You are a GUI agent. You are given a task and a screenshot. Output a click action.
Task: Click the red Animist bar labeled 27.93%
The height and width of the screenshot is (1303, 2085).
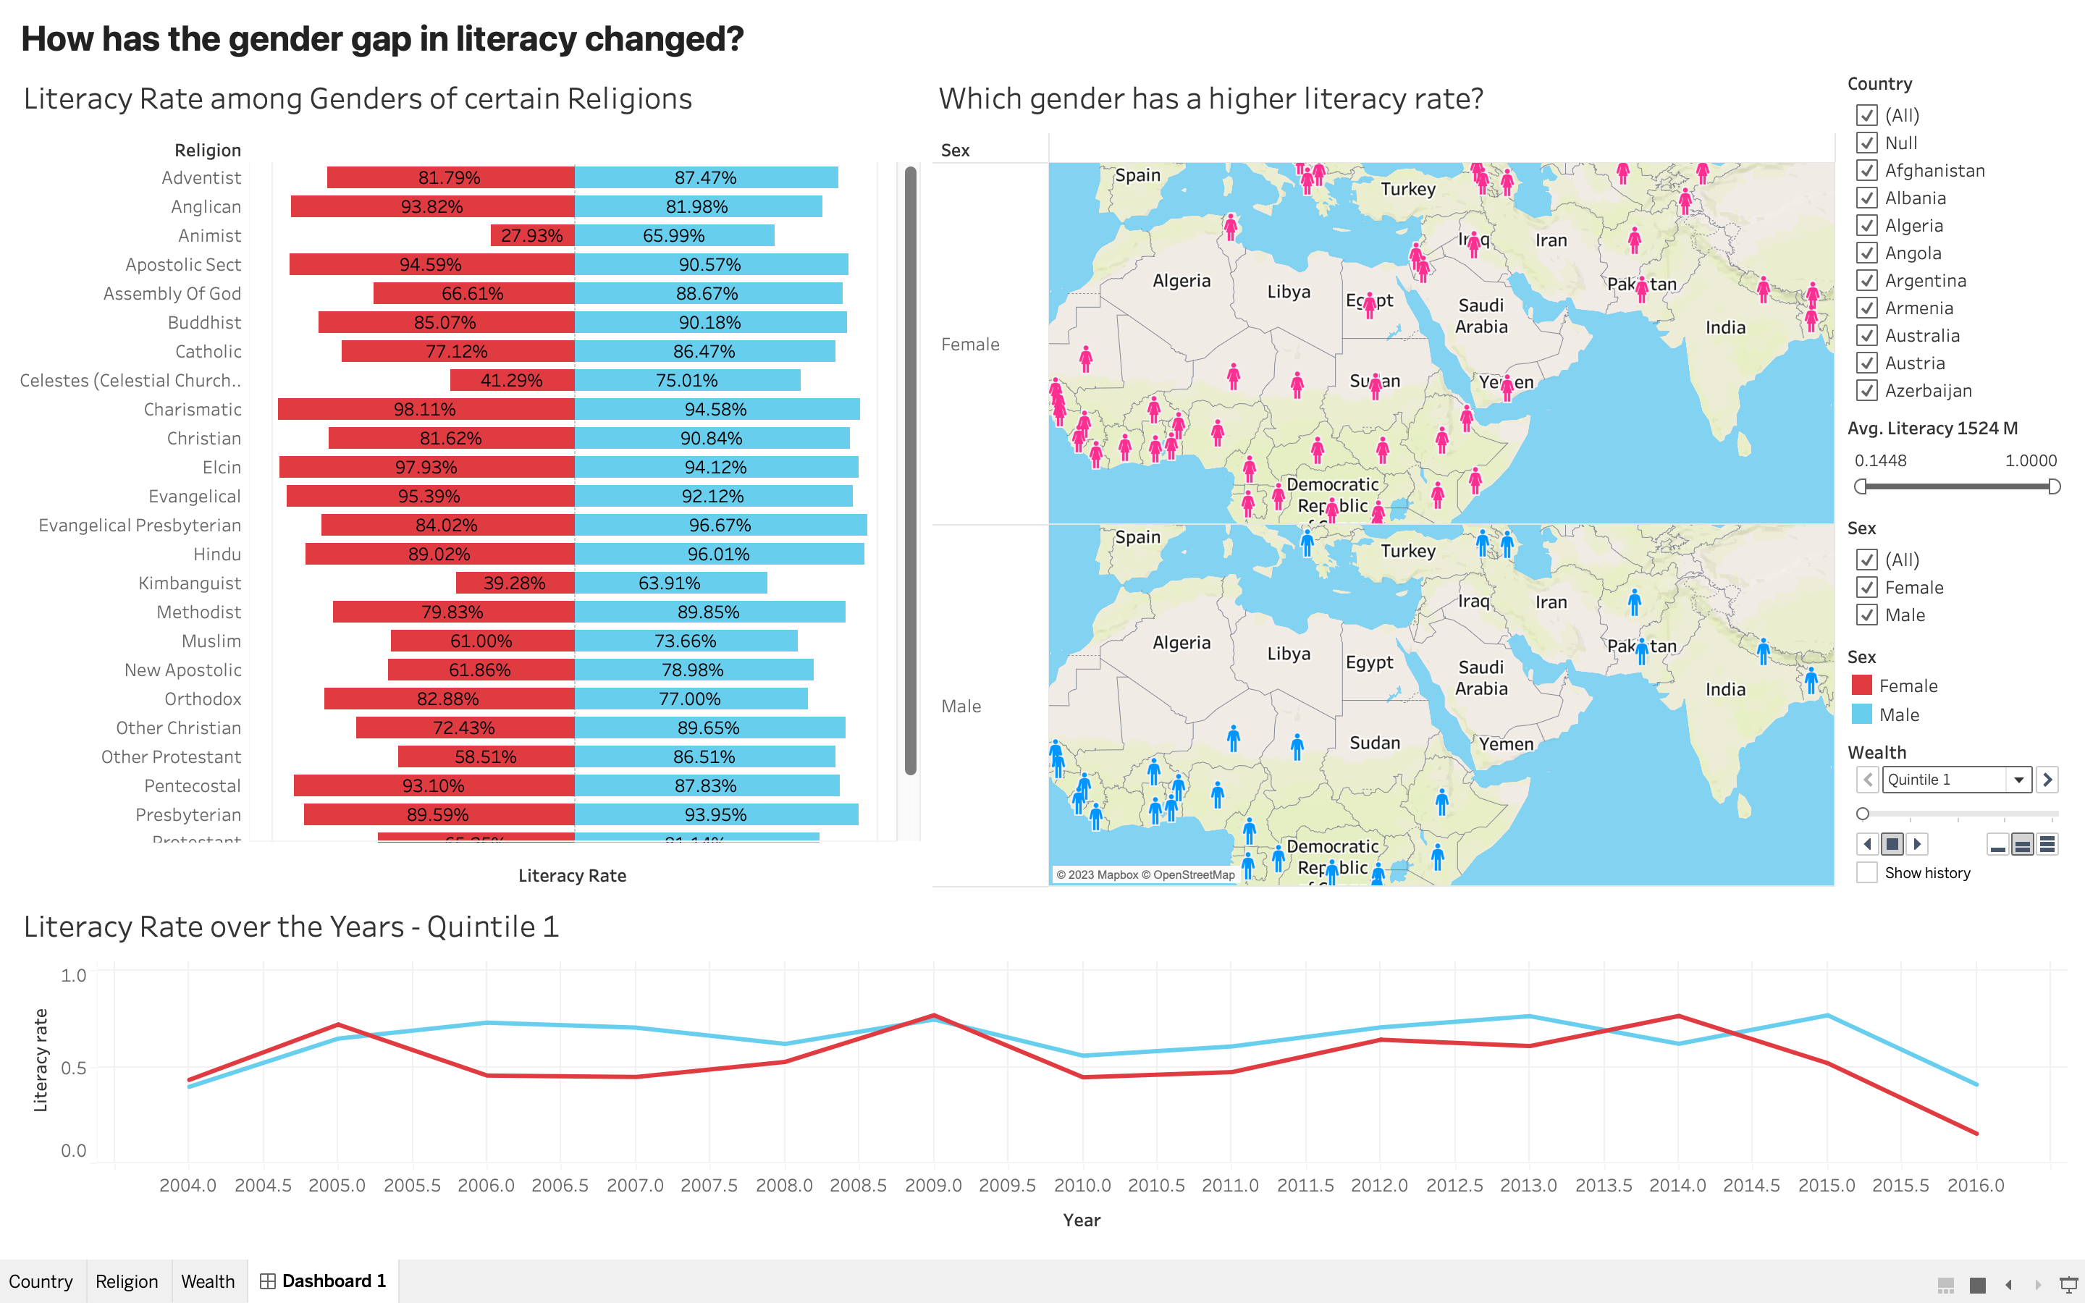(x=531, y=235)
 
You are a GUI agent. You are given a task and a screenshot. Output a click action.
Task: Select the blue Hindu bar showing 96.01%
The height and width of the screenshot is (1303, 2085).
(x=719, y=554)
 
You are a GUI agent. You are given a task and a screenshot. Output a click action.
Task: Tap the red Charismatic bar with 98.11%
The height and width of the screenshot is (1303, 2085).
(x=426, y=409)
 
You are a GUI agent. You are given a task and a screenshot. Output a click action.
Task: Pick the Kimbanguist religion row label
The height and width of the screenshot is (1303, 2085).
(x=190, y=583)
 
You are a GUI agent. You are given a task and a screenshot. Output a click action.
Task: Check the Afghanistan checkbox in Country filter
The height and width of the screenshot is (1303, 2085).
(x=1866, y=171)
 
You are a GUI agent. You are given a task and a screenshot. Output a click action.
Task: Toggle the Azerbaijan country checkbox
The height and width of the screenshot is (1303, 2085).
(x=1866, y=390)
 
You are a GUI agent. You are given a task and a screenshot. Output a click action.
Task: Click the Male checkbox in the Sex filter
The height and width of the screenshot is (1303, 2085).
(x=1866, y=615)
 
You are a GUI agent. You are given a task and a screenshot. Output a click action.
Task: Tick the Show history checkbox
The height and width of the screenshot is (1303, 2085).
(x=1866, y=873)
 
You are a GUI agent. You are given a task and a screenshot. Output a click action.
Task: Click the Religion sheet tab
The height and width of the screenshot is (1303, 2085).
(x=127, y=1281)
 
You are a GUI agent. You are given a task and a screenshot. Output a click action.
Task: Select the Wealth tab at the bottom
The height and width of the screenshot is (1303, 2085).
(x=208, y=1281)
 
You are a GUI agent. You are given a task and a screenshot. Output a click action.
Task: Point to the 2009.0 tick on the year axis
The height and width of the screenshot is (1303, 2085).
(x=933, y=1186)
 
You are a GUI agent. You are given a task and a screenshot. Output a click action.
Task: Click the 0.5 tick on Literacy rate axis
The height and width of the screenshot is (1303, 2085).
(x=73, y=1068)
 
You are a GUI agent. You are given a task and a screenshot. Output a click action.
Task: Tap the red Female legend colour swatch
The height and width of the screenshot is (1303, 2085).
(x=1862, y=686)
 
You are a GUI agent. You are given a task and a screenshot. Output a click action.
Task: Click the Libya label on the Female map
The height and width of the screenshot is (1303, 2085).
(x=1288, y=292)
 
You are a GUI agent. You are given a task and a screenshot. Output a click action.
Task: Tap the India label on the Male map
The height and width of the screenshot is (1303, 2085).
(x=1725, y=689)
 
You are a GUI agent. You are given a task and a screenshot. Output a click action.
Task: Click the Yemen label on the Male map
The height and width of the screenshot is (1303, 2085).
(x=1506, y=743)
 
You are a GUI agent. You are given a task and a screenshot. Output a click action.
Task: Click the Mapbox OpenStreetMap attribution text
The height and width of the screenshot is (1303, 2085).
(x=1145, y=874)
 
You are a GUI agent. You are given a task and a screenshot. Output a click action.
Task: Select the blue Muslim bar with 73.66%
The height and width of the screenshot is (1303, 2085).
(x=685, y=641)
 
